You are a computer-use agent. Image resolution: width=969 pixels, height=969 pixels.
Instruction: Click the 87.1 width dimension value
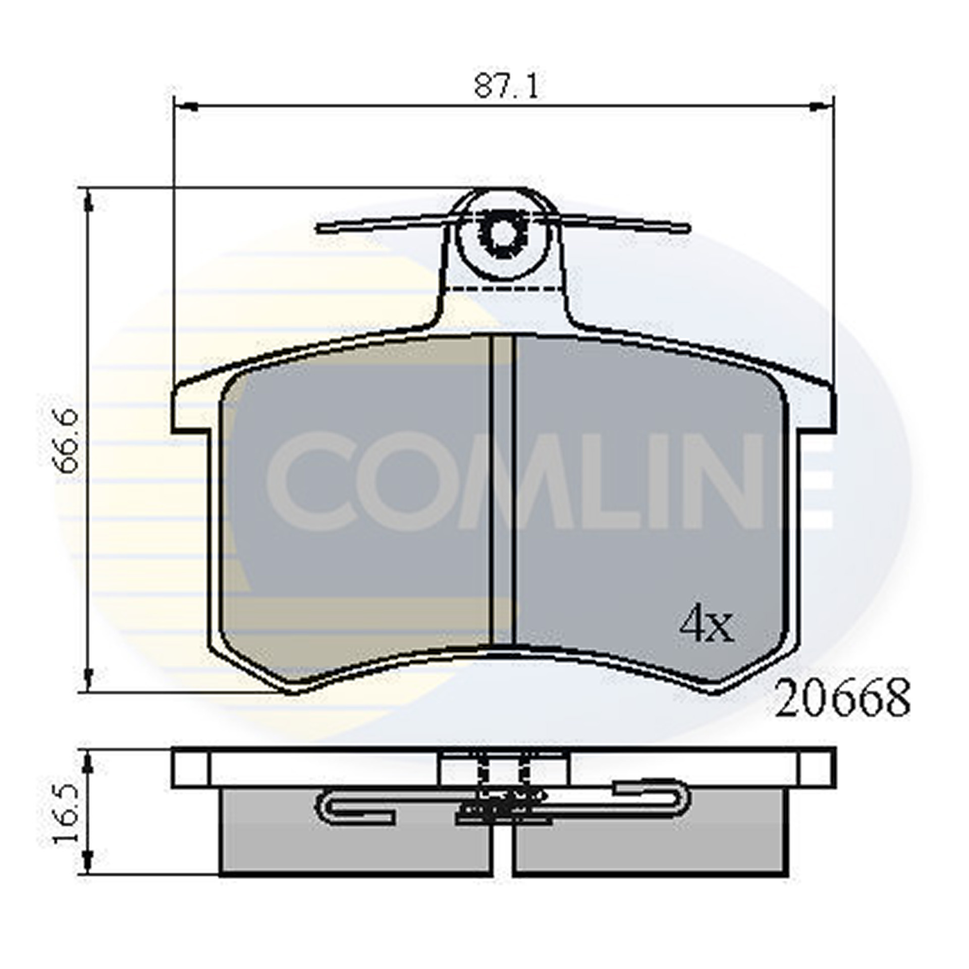tap(506, 87)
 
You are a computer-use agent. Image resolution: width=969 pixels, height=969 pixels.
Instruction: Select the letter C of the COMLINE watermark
tap(313, 479)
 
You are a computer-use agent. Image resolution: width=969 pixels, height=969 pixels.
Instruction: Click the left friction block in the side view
tap(353, 848)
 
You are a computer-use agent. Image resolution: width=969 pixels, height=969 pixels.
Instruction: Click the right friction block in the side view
tap(651, 848)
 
